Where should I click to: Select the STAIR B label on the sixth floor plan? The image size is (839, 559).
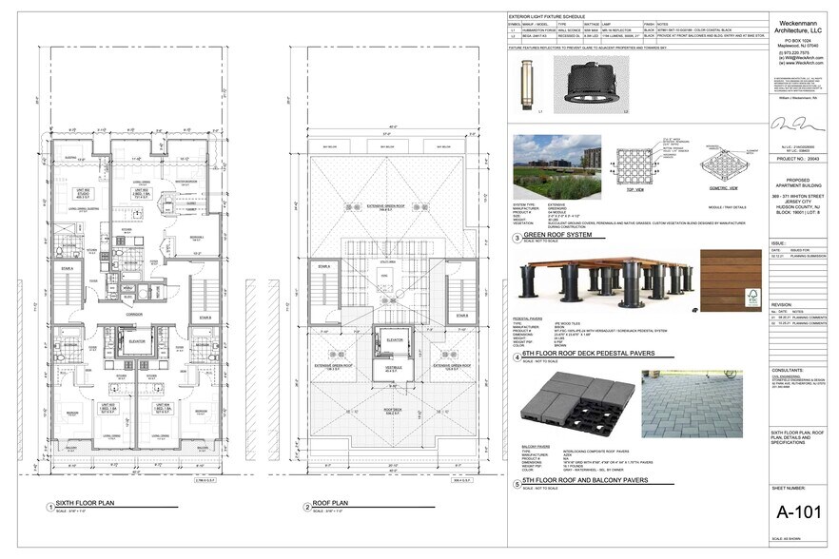pyautogui.click(x=205, y=317)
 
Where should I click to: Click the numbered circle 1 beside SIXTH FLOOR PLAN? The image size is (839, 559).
pyautogui.click(x=50, y=506)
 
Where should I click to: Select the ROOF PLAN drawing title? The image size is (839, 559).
pyautogui.click(x=328, y=504)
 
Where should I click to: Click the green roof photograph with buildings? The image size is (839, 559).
pyautogui.click(x=556, y=167)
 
